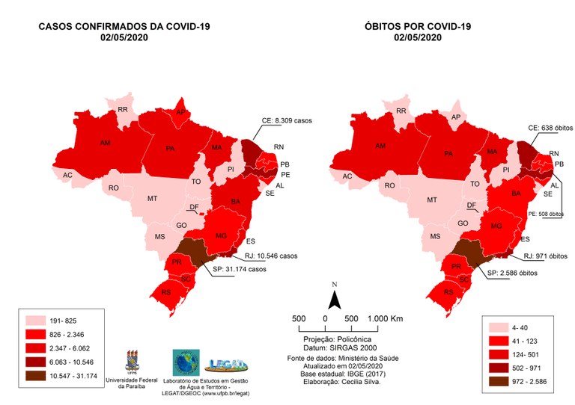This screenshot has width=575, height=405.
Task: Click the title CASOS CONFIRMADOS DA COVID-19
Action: [x=124, y=27]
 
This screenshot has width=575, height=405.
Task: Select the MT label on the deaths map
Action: [x=432, y=200]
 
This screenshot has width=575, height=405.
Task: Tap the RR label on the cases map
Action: [x=123, y=109]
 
